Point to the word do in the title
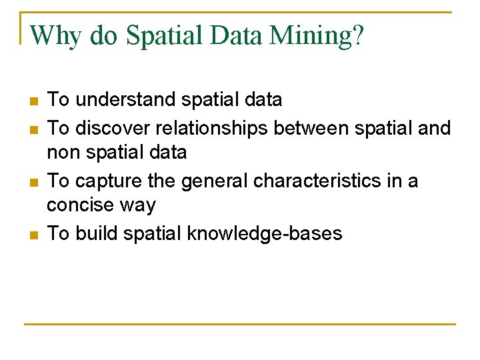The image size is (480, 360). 103,35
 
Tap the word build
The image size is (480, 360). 93,233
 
